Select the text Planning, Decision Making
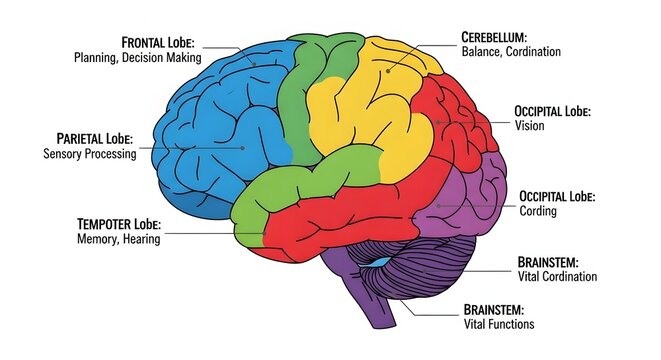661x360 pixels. click(138, 58)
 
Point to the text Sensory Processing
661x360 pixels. click(90, 154)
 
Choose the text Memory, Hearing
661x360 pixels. click(118, 239)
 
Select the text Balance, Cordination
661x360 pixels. click(511, 51)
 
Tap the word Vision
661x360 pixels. click(529, 126)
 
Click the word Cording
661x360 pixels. click(538, 211)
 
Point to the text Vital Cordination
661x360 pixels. click(557, 276)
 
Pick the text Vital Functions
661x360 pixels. click(499, 324)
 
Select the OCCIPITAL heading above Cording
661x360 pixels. click(547, 195)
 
